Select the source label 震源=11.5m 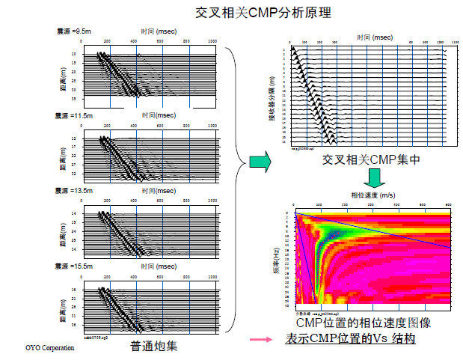pyautogui.click(x=74, y=116)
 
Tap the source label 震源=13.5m pyautogui.click(x=74, y=190)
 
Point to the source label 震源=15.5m pyautogui.click(x=74, y=266)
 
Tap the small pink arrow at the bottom pyautogui.click(x=260, y=341)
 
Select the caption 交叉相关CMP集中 pyautogui.click(x=372, y=159)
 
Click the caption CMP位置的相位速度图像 pyautogui.click(x=364, y=323)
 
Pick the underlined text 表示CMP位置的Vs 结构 pyautogui.click(x=351, y=339)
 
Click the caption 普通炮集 pyautogui.click(x=153, y=346)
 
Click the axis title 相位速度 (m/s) pyautogui.click(x=371, y=195)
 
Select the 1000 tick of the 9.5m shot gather pyautogui.click(x=212, y=40)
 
